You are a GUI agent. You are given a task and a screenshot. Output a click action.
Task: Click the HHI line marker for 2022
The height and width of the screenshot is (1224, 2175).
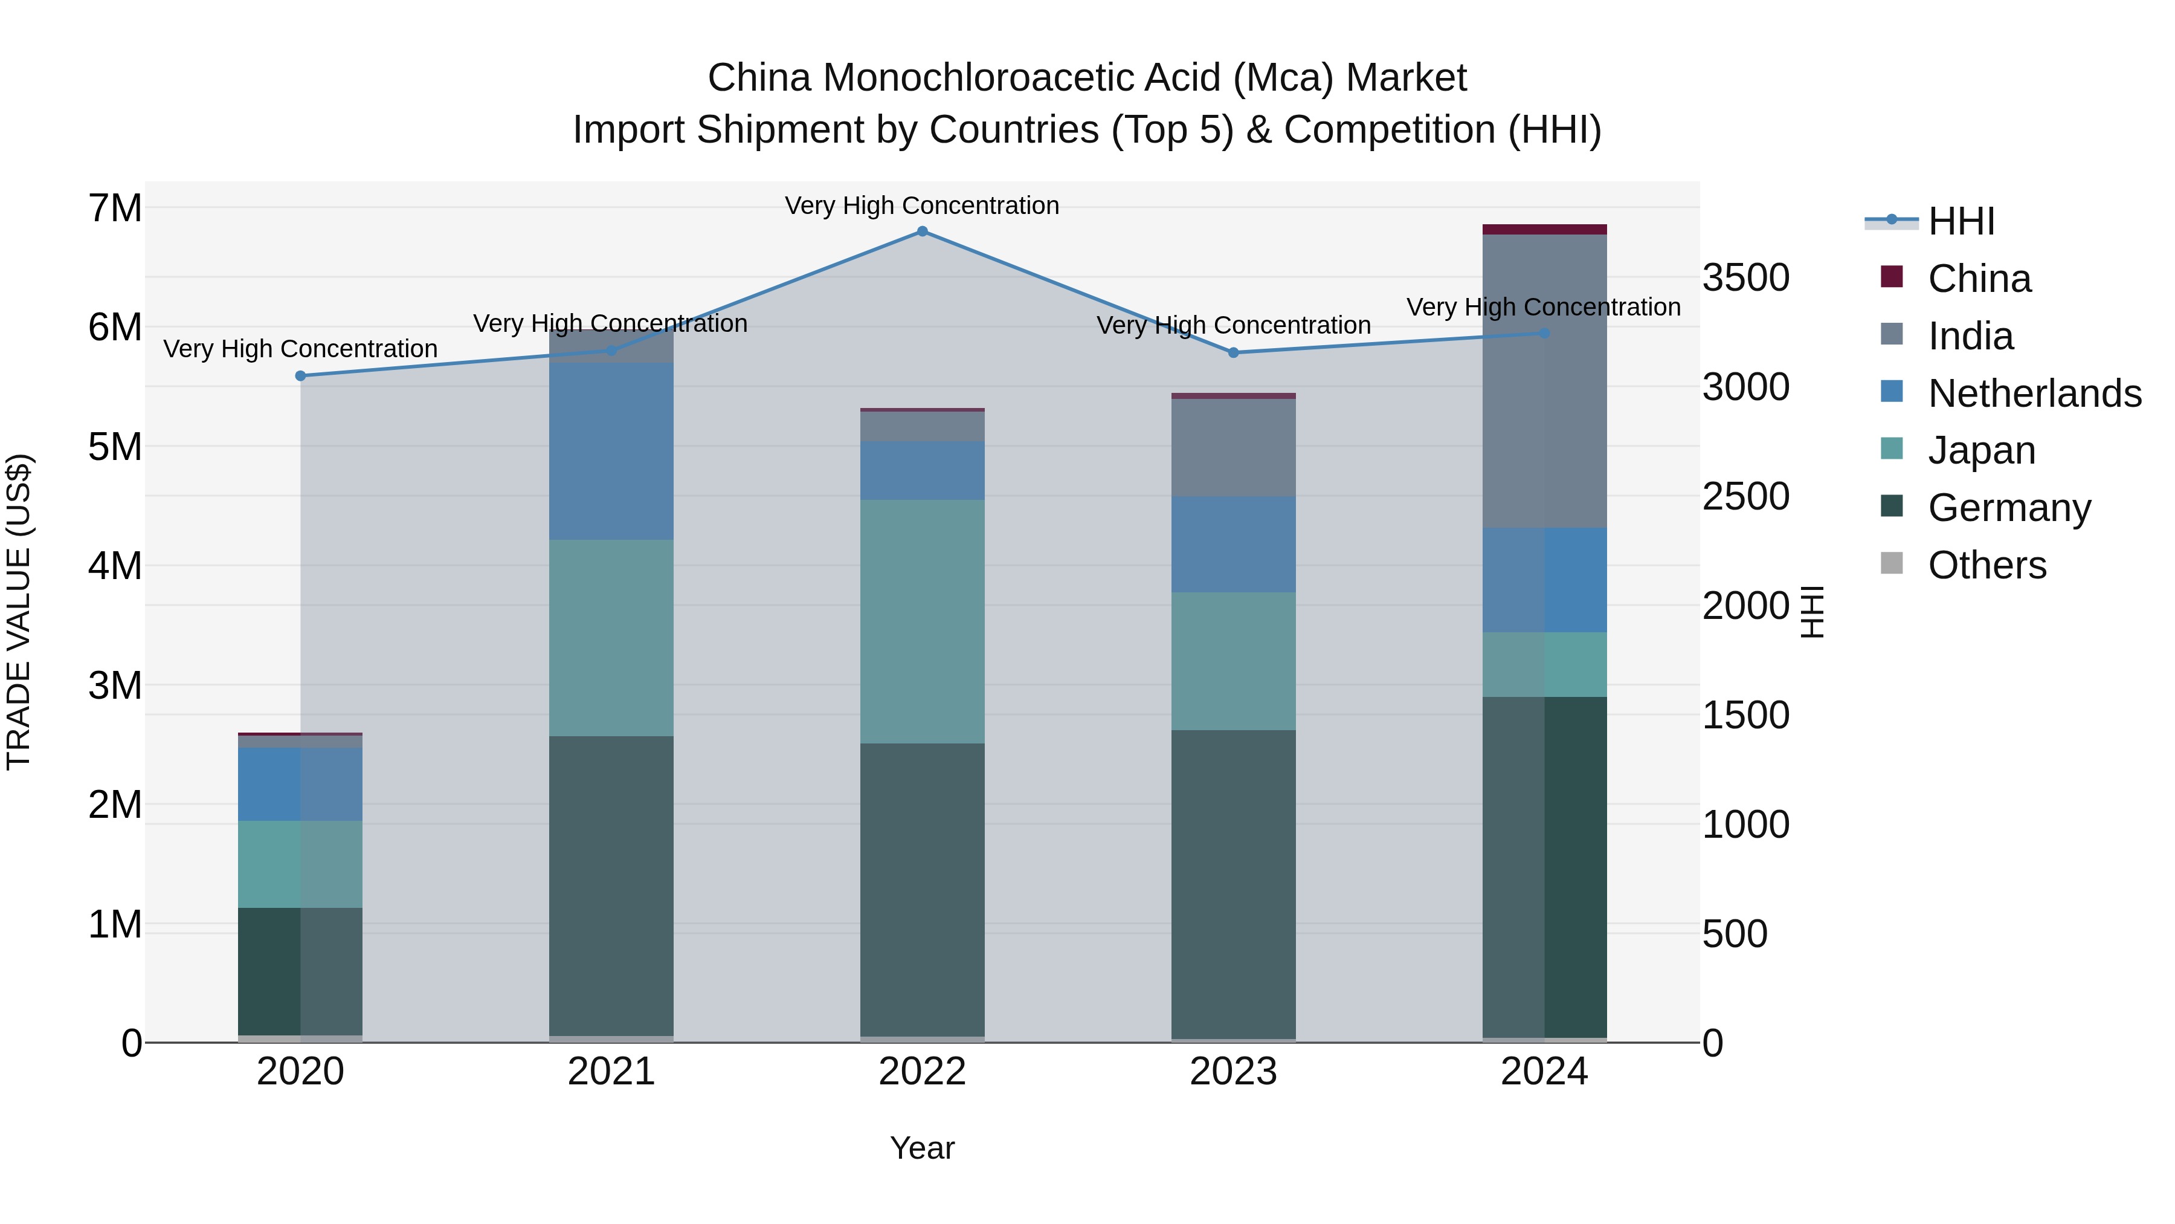click(x=922, y=232)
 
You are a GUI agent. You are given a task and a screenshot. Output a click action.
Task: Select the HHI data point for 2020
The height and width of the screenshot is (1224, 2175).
click(x=301, y=376)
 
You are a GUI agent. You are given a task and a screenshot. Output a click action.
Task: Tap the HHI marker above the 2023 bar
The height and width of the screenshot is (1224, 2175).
click(x=1234, y=353)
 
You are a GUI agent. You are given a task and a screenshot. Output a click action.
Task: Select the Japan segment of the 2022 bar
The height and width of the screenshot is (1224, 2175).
click(x=922, y=621)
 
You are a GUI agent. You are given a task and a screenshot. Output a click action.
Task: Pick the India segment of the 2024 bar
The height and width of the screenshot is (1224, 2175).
click(x=1544, y=381)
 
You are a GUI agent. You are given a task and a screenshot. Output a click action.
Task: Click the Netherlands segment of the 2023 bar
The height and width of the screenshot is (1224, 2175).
click(x=1234, y=544)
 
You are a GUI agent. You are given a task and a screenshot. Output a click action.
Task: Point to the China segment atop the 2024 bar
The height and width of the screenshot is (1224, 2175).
click(x=1544, y=230)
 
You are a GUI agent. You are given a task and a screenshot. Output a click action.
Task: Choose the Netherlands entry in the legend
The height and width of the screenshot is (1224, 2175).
click(x=2035, y=393)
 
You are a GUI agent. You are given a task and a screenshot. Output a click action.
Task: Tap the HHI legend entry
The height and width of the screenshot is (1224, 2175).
click(x=1961, y=221)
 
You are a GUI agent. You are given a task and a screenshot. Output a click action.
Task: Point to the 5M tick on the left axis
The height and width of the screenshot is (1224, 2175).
click(x=115, y=447)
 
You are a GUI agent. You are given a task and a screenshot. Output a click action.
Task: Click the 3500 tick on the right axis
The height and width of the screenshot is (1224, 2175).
click(x=1745, y=278)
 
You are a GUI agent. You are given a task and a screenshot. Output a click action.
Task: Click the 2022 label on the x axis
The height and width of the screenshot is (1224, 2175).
click(x=922, y=1072)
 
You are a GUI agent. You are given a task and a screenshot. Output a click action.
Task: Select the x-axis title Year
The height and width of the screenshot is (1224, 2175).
click(x=922, y=1148)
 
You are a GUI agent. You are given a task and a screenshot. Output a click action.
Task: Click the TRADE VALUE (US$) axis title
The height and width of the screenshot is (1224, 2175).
click(x=19, y=612)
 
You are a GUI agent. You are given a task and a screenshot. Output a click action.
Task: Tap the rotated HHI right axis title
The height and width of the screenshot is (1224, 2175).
click(x=1812, y=612)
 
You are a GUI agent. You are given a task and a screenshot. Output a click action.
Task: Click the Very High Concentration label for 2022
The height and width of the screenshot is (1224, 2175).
click(x=922, y=206)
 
